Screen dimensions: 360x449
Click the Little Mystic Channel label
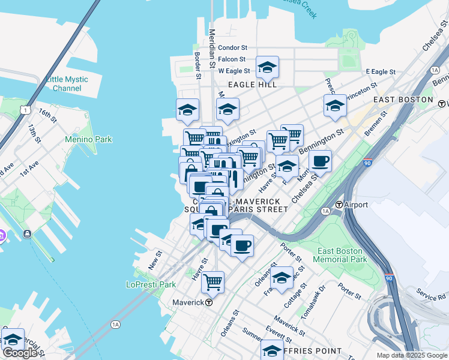coord(67,83)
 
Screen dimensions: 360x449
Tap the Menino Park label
coord(88,139)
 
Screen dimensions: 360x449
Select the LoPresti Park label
coord(151,284)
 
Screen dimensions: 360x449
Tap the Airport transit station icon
coord(339,205)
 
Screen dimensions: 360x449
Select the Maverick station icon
coord(208,302)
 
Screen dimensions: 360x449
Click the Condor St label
coord(232,47)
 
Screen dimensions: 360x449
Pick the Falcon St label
coord(232,59)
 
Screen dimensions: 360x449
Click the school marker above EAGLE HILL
coord(267,68)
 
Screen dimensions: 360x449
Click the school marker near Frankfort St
coord(282,277)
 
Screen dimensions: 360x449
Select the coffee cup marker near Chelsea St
coord(321,161)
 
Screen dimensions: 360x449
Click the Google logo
coord(19,353)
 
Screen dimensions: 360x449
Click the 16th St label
coord(47,115)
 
